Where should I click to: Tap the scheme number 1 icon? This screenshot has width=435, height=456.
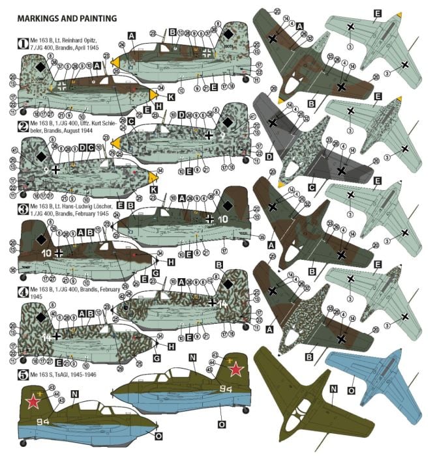22,44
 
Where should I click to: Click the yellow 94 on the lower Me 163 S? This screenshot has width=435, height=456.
44,421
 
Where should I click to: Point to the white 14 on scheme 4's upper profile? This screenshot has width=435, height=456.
223,304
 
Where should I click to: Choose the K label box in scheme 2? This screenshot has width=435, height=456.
153,190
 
